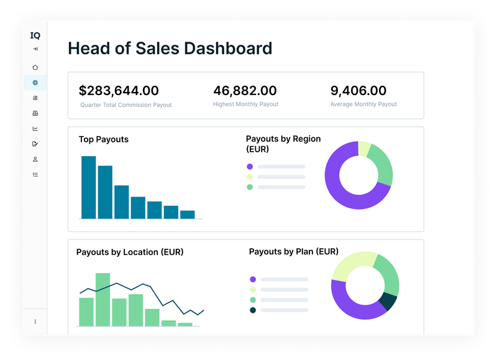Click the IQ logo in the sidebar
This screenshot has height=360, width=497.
[x=35, y=35]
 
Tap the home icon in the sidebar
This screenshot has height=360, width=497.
[x=35, y=67]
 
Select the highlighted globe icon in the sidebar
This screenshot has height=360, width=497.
[x=35, y=83]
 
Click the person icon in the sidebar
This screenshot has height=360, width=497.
[x=35, y=159]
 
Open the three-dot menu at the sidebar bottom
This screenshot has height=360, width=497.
[x=35, y=321]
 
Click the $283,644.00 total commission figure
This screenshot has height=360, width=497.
[x=119, y=91]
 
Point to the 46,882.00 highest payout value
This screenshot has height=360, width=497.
[x=245, y=91]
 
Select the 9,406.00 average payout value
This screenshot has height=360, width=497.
[x=358, y=91]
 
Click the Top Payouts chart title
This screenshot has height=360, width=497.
[x=103, y=139]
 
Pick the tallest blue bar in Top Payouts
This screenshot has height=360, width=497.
[x=89, y=187]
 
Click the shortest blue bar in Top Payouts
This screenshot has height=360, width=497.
[x=187, y=215]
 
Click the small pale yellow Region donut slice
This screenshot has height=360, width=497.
[x=365, y=149]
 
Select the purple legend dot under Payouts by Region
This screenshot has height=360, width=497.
[x=250, y=167]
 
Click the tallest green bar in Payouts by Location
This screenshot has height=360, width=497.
[x=103, y=300]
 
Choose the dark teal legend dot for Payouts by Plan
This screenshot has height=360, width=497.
[x=253, y=310]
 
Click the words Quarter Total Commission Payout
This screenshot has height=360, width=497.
[x=125, y=105]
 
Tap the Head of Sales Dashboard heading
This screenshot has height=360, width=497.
[x=170, y=48]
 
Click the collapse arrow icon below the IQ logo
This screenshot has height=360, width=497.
[x=35, y=49]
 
